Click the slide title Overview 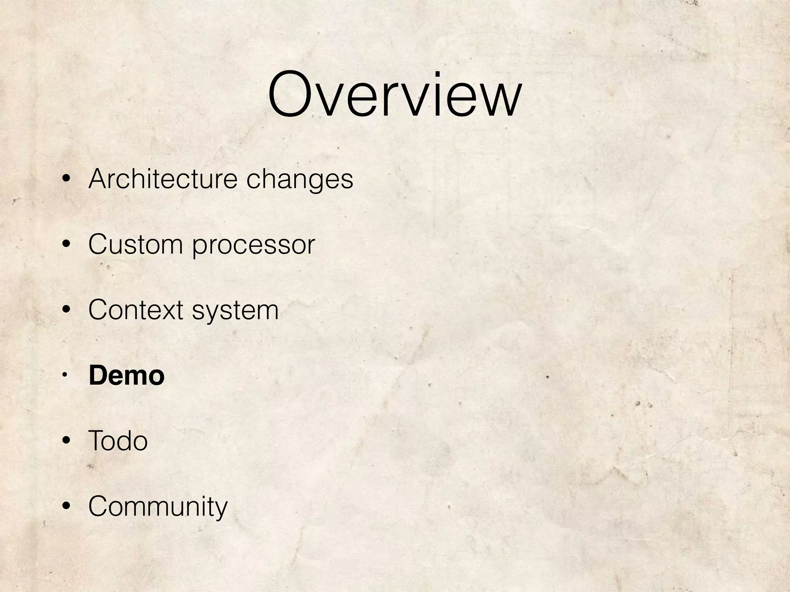point(395,94)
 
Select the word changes point(299,180)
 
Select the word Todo point(118,441)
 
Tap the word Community point(158,507)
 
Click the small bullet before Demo point(65,375)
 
